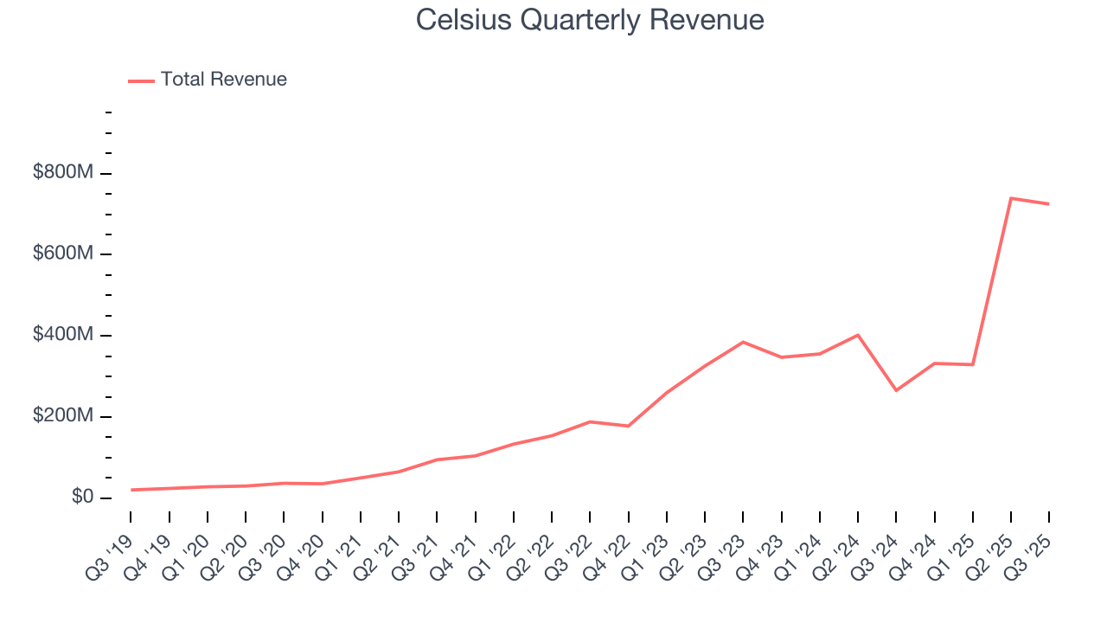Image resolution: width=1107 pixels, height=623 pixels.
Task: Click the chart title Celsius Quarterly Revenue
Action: (589, 20)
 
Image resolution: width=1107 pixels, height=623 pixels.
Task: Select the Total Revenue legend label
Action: (223, 80)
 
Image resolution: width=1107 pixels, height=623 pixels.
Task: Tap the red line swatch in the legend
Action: (141, 80)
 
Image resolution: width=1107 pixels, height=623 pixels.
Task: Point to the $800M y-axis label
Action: (63, 173)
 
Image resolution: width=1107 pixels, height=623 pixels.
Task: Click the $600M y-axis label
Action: (63, 254)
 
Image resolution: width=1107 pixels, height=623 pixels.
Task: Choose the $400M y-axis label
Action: (63, 335)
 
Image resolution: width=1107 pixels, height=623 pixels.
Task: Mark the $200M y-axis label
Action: (63, 416)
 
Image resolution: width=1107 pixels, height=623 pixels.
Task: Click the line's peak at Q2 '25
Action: (1010, 198)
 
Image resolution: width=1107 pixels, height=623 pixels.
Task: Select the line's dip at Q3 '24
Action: (896, 390)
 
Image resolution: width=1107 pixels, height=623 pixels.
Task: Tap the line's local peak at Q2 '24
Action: (858, 335)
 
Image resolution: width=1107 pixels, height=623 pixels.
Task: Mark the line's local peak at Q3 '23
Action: (743, 342)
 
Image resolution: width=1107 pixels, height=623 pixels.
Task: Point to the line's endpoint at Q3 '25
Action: (1049, 204)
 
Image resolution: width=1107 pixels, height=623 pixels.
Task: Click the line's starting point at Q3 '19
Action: (131, 490)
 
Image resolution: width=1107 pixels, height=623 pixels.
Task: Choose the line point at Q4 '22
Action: (628, 426)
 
